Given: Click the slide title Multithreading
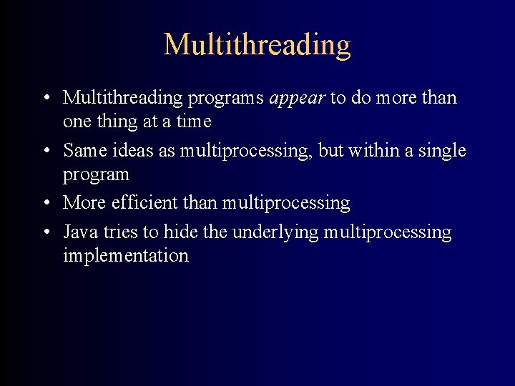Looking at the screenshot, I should [257, 44].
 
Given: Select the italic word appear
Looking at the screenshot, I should [297, 98].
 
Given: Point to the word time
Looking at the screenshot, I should [194, 122].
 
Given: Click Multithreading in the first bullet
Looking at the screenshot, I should [121, 98].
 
